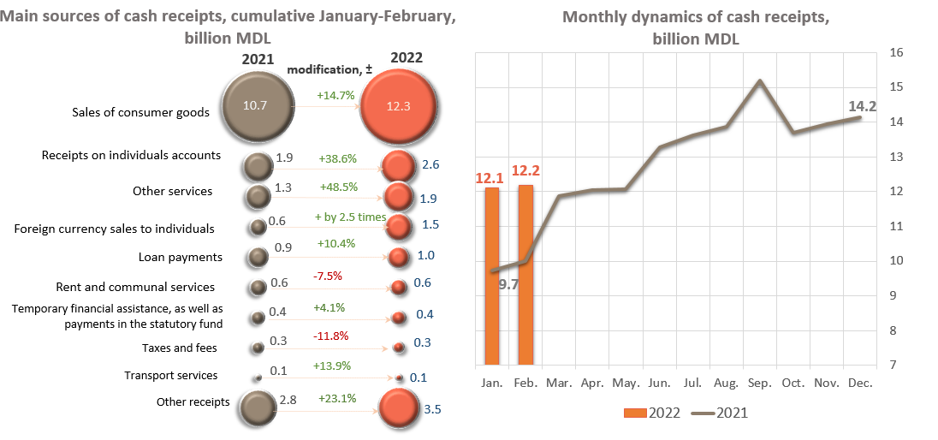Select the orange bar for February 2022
click(525, 274)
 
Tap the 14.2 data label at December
click(863, 107)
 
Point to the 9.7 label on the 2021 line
click(509, 285)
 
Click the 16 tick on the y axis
click(897, 52)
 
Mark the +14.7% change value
click(335, 96)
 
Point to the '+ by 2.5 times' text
click(350, 217)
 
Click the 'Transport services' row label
click(171, 375)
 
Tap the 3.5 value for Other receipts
click(433, 411)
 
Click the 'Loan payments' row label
click(181, 257)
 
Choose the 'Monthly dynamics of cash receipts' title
click(696, 28)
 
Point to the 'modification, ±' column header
click(329, 68)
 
